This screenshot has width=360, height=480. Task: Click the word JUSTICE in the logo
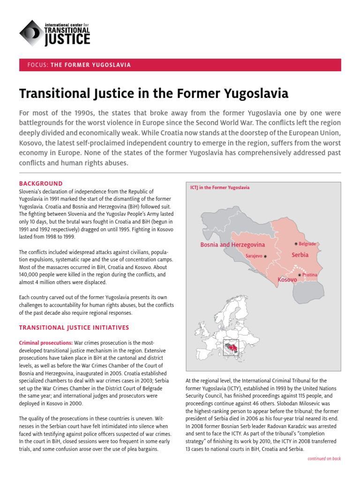[67, 39]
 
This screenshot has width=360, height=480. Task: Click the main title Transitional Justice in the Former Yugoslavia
[153, 94]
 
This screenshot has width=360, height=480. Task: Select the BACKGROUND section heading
[40, 184]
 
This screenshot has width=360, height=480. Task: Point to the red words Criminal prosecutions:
[45, 343]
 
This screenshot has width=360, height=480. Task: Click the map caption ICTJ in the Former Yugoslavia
[219, 187]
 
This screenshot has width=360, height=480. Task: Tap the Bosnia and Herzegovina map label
[232, 245]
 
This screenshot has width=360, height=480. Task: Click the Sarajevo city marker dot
[265, 256]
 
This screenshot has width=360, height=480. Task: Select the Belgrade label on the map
[307, 244]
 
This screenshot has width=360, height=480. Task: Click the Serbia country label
[300, 255]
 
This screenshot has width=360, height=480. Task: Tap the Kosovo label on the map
[287, 280]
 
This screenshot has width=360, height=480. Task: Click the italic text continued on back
[324, 458]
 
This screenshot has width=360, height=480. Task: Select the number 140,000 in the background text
[31, 275]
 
